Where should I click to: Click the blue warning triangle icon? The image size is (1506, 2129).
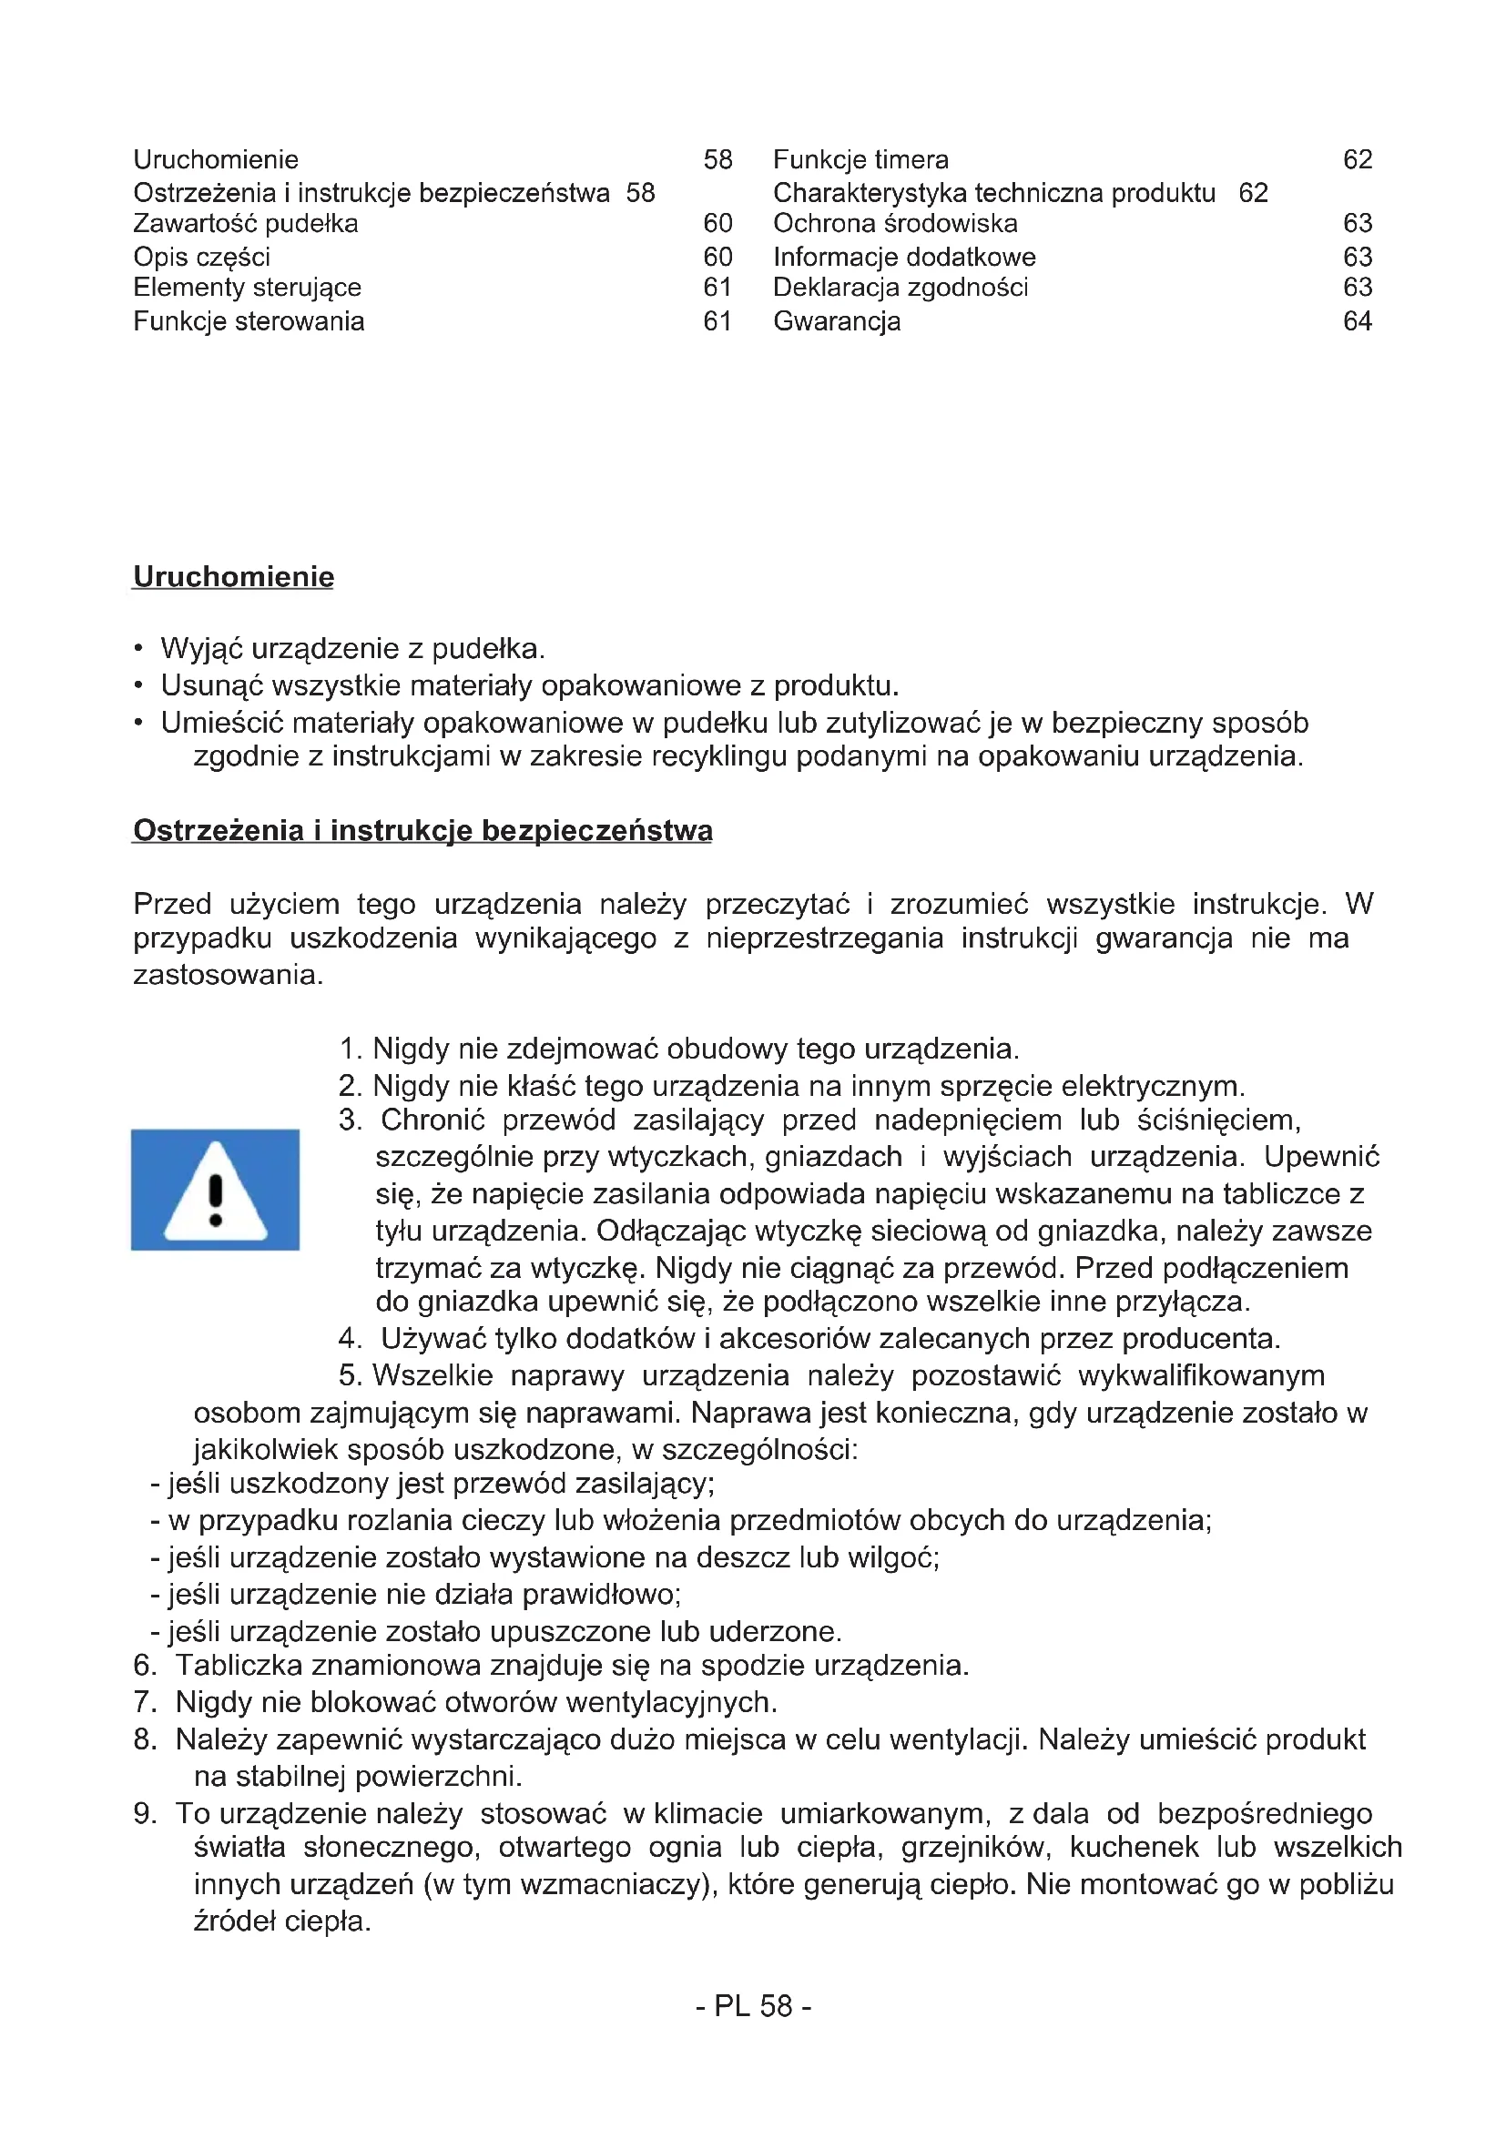point(215,1190)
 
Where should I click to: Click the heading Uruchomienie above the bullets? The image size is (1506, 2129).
point(234,577)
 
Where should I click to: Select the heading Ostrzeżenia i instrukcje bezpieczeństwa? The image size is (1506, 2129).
point(422,830)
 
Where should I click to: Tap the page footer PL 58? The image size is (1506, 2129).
point(754,2006)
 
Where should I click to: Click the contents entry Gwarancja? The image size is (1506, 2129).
point(837,321)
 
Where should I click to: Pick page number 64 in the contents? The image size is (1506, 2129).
point(1357,321)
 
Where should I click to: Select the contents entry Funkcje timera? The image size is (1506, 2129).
point(860,160)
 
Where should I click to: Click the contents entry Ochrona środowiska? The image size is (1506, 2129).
point(895,224)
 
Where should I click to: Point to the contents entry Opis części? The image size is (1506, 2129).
point(201,257)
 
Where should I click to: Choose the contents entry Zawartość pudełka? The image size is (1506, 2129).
point(246,224)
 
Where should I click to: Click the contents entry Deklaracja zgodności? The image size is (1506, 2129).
point(901,288)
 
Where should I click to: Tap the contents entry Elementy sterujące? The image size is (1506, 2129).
point(247,288)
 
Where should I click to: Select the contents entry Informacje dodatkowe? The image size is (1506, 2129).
point(904,257)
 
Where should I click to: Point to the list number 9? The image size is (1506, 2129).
point(145,1813)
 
